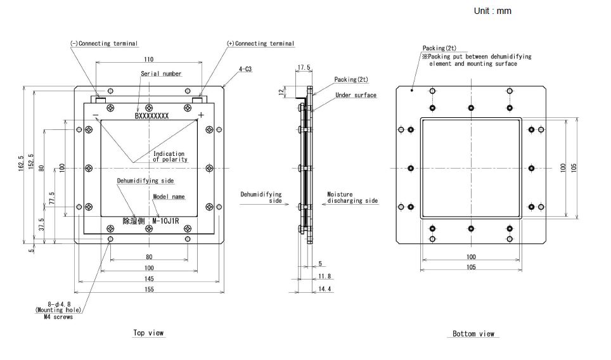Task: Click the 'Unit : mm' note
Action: tap(492, 11)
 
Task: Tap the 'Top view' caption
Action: tap(148, 333)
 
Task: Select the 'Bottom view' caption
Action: tap(473, 334)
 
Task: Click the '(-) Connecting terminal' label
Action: tap(104, 44)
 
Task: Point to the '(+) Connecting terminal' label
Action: tap(260, 44)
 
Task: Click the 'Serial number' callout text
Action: tap(161, 74)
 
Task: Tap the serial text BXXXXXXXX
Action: tap(151, 116)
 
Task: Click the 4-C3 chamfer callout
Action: tap(245, 69)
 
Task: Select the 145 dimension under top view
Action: tap(148, 279)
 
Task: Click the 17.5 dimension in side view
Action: tap(304, 67)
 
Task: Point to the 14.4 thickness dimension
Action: tap(324, 289)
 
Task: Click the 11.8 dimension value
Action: tap(324, 276)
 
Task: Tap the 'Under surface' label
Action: tap(356, 96)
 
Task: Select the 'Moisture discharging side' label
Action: tap(352, 198)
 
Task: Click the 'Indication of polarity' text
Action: tap(170, 157)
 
